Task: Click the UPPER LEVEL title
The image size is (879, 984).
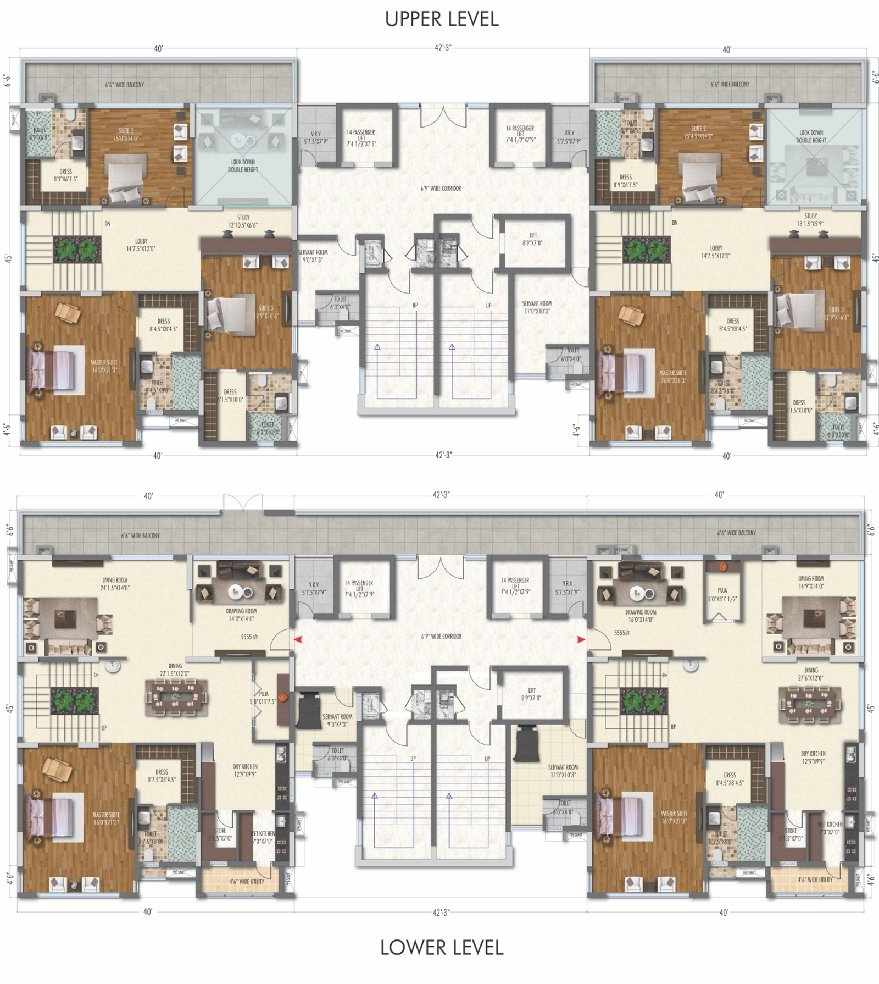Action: (x=442, y=19)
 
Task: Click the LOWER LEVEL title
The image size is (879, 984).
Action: (x=442, y=947)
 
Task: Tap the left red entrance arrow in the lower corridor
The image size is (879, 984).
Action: (x=298, y=639)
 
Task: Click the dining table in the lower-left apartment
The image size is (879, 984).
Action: (x=176, y=698)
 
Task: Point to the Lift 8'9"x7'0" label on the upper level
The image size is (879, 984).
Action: (x=532, y=239)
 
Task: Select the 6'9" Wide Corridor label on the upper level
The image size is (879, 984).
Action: (x=441, y=189)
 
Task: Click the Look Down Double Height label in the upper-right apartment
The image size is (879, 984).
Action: (x=811, y=136)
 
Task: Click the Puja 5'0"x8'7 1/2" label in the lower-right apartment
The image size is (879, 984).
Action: (x=722, y=594)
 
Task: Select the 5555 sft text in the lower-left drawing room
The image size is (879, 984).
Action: (x=249, y=637)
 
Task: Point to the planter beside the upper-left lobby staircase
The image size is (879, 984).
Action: (x=77, y=250)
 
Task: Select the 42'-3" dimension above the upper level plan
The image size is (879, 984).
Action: (x=443, y=48)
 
